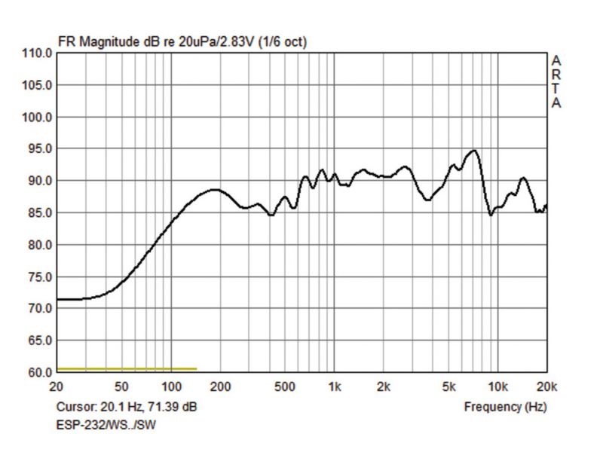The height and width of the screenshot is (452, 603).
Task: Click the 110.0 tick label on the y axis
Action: pos(38,54)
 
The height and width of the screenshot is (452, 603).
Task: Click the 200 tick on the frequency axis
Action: pos(220,387)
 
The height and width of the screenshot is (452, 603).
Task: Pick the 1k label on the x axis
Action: pos(335,387)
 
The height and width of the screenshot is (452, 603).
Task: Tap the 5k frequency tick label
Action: pos(448,387)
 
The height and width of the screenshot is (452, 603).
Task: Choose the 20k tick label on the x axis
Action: pos(546,387)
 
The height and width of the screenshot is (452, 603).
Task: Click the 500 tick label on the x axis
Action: pos(286,387)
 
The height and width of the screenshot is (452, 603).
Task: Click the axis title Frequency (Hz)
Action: pos(505,407)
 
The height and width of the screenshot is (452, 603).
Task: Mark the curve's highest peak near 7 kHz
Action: pos(473,151)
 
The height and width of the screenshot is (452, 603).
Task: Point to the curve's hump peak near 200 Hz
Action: pos(215,190)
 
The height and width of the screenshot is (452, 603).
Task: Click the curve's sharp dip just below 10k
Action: pos(491,215)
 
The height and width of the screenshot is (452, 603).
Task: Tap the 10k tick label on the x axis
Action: pos(497,387)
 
